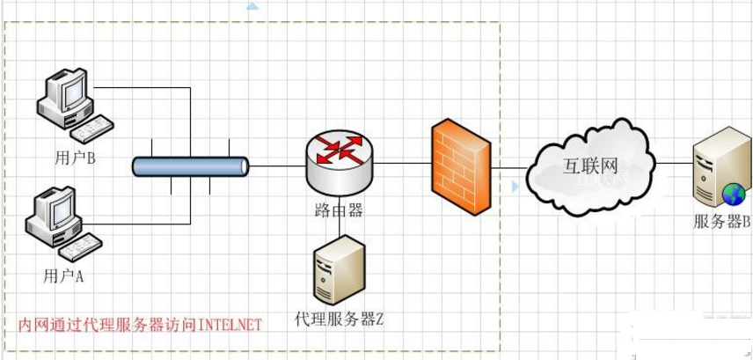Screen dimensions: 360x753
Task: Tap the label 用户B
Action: click(74, 159)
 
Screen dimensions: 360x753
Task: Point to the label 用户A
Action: click(62, 276)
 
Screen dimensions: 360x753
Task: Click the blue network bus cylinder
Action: click(190, 165)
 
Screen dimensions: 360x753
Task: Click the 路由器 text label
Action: click(339, 209)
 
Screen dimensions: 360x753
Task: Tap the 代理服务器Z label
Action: click(340, 319)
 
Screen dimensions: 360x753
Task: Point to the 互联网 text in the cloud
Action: click(592, 164)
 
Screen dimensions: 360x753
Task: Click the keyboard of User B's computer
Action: click(97, 129)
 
